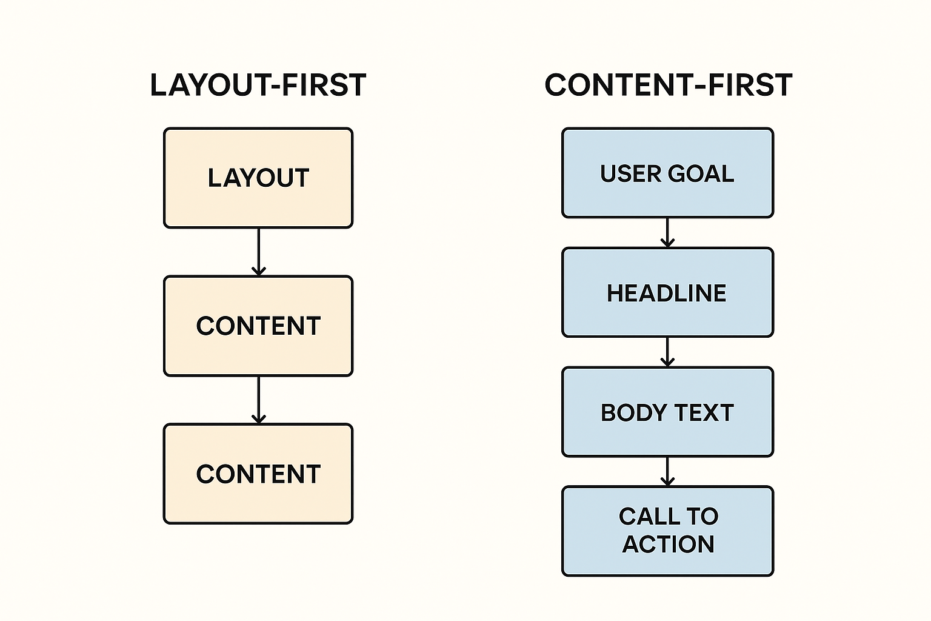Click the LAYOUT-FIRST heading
coord(258,86)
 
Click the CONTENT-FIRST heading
coord(669,86)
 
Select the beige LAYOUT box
coord(258,178)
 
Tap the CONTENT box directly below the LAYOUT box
coord(258,326)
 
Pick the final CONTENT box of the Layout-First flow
coord(258,474)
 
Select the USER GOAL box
coord(667,173)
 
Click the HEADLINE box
coord(667,292)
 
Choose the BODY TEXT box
coord(667,412)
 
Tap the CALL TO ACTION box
coord(667,531)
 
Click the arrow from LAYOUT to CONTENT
coord(259,252)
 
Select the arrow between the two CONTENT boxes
coord(259,400)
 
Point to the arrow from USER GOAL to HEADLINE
coord(667,232)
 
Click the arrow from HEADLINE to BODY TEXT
coord(667,352)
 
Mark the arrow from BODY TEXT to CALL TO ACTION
coord(667,471)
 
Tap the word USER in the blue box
coord(630,173)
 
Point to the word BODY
coord(633,412)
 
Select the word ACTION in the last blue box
coord(669,544)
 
